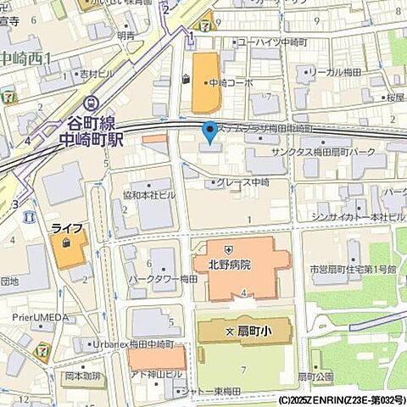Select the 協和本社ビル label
(x=148, y=193)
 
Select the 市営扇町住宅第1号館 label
(x=354, y=269)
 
